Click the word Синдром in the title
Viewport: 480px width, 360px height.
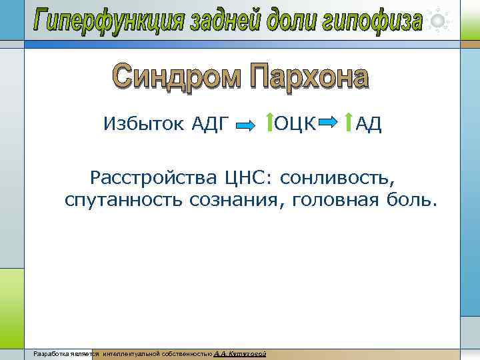177,77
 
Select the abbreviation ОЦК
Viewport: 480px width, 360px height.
295,123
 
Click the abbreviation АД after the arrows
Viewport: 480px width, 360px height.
368,123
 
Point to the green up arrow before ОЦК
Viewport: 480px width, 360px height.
268,123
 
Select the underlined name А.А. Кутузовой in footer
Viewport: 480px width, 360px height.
241,353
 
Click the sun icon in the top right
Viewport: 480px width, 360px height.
438,21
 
